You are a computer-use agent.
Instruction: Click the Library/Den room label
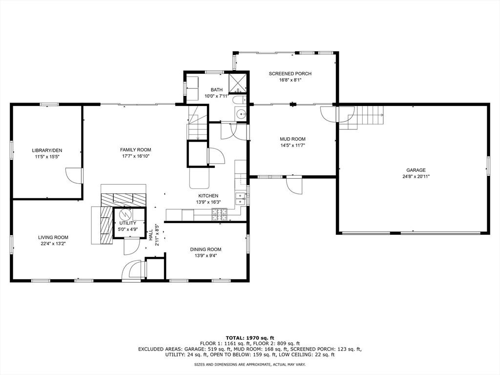coord(47,150)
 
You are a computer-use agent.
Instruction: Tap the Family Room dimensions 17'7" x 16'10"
coord(136,156)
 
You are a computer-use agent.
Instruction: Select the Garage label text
coord(416,170)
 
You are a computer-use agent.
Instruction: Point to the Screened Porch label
coord(290,74)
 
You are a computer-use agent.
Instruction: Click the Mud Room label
coord(293,139)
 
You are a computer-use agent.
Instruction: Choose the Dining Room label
coord(206,250)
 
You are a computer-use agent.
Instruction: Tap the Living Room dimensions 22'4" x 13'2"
coord(53,244)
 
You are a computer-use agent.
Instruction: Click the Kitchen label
coord(208,196)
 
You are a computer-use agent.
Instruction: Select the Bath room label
coord(216,90)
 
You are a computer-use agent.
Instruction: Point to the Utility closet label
coord(128,223)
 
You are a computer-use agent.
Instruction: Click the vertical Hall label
coord(150,235)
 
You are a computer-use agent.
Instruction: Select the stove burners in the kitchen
coord(220,214)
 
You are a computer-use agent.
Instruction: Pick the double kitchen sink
coord(240,199)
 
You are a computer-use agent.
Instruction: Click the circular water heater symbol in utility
coord(125,213)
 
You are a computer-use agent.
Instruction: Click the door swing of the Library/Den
coord(74,176)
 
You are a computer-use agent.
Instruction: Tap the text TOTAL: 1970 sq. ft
coord(250,338)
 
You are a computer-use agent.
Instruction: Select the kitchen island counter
coord(199,178)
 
